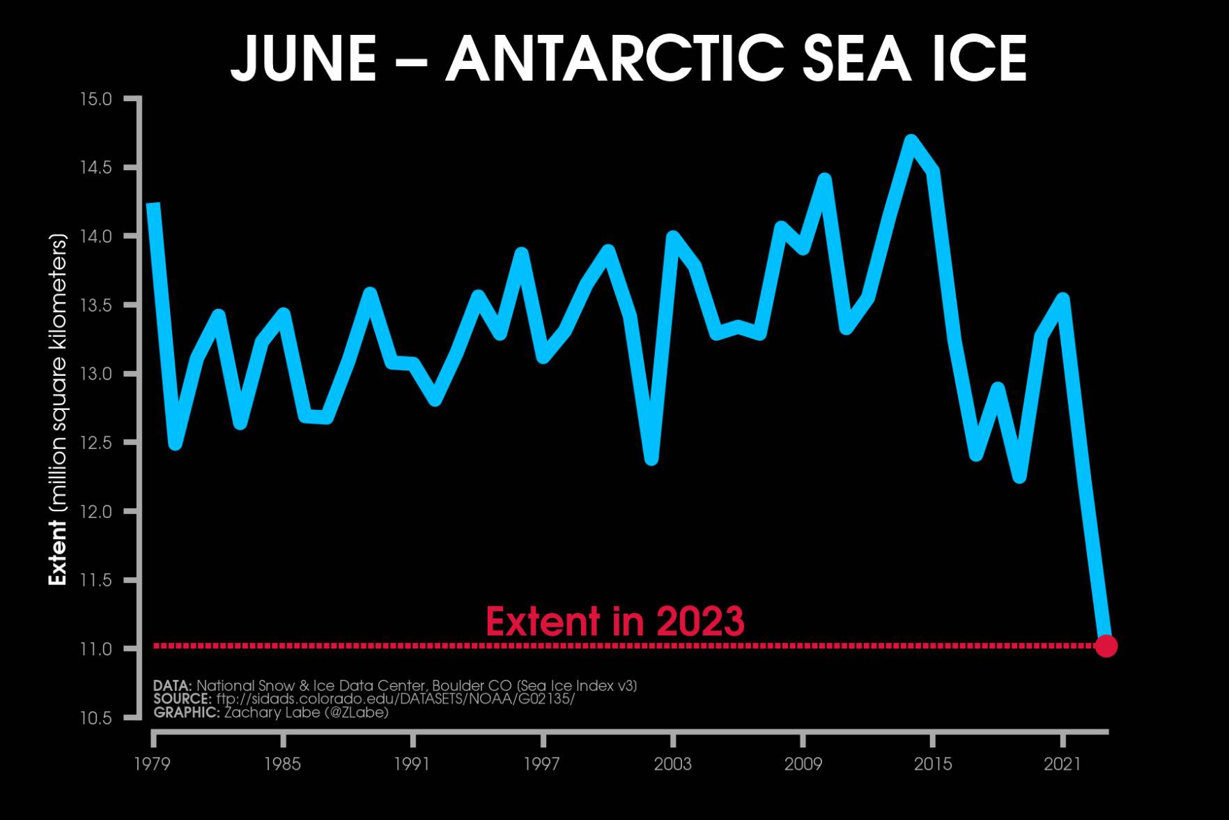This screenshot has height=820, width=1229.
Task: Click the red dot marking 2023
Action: pos(1106,646)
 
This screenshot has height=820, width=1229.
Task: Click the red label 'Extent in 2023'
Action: pos(614,621)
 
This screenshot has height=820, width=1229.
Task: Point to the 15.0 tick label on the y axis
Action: pos(95,99)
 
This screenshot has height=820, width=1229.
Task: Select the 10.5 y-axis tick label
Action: pos(95,717)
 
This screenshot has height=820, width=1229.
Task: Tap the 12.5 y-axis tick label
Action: pos(95,443)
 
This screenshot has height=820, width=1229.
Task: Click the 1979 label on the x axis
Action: pos(153,764)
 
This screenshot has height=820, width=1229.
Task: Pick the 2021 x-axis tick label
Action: pos(1062,764)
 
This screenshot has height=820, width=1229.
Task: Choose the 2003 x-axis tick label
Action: pos(673,764)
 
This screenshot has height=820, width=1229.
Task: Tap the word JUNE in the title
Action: pos(304,59)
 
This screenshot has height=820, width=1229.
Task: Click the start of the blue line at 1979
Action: pos(154,205)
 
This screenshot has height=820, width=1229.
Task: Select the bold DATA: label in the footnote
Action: pos(172,685)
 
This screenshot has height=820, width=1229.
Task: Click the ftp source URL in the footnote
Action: pos(395,699)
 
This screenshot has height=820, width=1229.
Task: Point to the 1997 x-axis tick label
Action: pos(542,764)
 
